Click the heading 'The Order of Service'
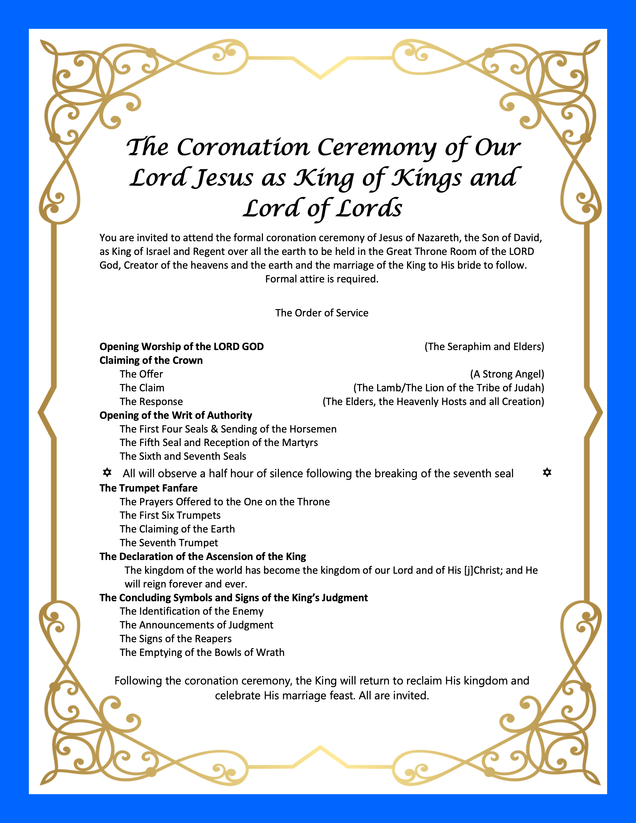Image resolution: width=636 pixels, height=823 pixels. pos(322,313)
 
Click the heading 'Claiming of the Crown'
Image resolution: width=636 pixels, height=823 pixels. pos(151,361)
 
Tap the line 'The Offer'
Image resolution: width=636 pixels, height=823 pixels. pos(141,374)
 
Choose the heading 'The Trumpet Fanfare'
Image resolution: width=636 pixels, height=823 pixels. pos(148,488)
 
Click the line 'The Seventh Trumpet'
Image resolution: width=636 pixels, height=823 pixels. pos(169,543)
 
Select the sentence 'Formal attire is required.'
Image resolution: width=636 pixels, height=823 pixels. pos(322,279)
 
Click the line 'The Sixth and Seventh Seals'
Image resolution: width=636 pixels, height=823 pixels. pos(183,456)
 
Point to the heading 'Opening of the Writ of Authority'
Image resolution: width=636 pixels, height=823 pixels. pos(176,415)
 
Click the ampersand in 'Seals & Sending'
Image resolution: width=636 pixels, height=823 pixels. pos(214,429)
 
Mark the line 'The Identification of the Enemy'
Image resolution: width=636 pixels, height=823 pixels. pos(191,611)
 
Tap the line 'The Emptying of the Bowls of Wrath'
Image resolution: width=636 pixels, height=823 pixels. pos(202,652)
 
